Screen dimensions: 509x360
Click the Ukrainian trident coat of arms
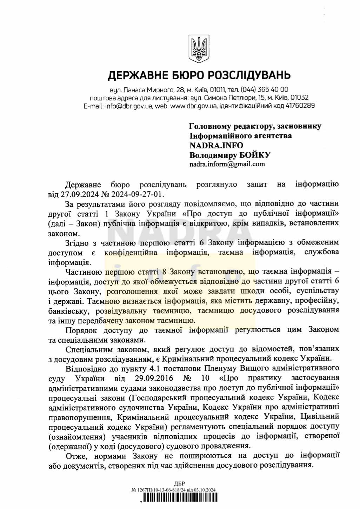pyautogui.click(x=199, y=49)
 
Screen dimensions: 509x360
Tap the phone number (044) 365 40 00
pyautogui.click(x=265, y=89)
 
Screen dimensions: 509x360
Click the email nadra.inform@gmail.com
pyautogui.click(x=227, y=164)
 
